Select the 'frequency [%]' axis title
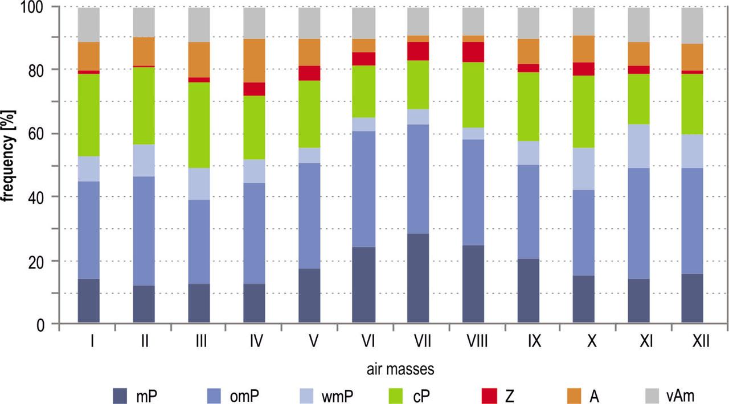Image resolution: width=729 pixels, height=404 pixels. pyautogui.click(x=9, y=165)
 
